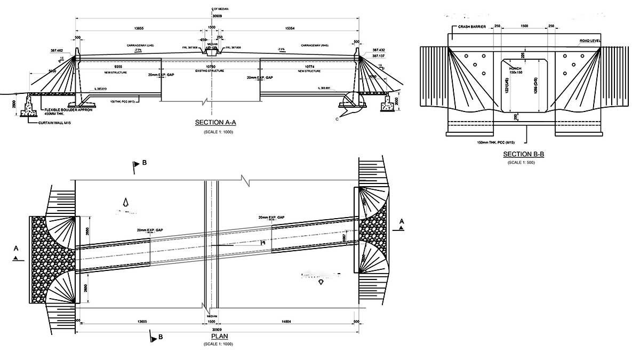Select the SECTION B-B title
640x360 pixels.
(523, 155)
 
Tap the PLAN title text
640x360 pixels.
(219, 337)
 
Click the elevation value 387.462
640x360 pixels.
(57, 50)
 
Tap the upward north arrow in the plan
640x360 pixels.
(126, 202)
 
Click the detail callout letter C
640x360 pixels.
(337, 119)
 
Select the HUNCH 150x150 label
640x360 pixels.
(516, 70)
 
